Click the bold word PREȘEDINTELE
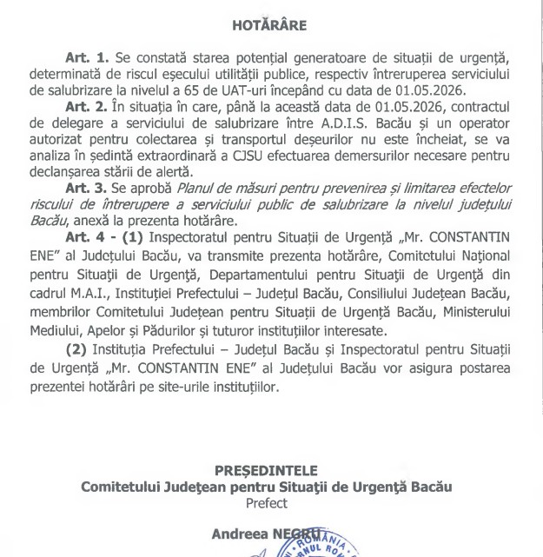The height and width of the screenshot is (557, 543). click(x=270, y=470)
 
